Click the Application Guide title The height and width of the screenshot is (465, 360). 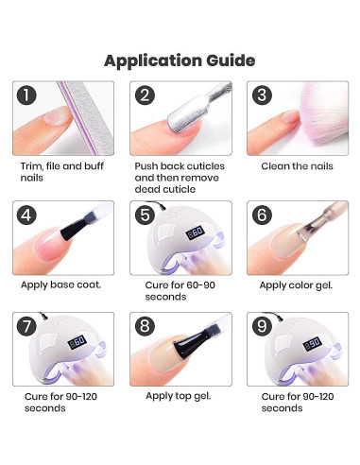[x=180, y=60]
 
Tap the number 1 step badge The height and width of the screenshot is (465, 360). [x=26, y=95]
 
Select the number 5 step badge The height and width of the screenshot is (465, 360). [x=145, y=215]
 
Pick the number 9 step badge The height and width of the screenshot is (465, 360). [x=262, y=326]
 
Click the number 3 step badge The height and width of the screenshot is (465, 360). [x=262, y=95]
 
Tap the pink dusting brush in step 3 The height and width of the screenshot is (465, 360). [x=323, y=115]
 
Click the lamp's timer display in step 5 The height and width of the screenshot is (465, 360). [x=196, y=232]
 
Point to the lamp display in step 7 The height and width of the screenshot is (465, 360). [x=77, y=341]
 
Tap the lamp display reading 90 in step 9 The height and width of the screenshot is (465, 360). [x=313, y=343]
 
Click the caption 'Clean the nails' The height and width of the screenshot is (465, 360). [x=297, y=166]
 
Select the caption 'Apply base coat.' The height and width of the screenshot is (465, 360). [x=60, y=285]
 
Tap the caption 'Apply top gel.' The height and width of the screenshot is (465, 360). [x=179, y=396]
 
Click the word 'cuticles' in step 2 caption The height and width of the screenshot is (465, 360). [x=205, y=166]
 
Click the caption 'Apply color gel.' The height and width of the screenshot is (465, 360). [x=296, y=285]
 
